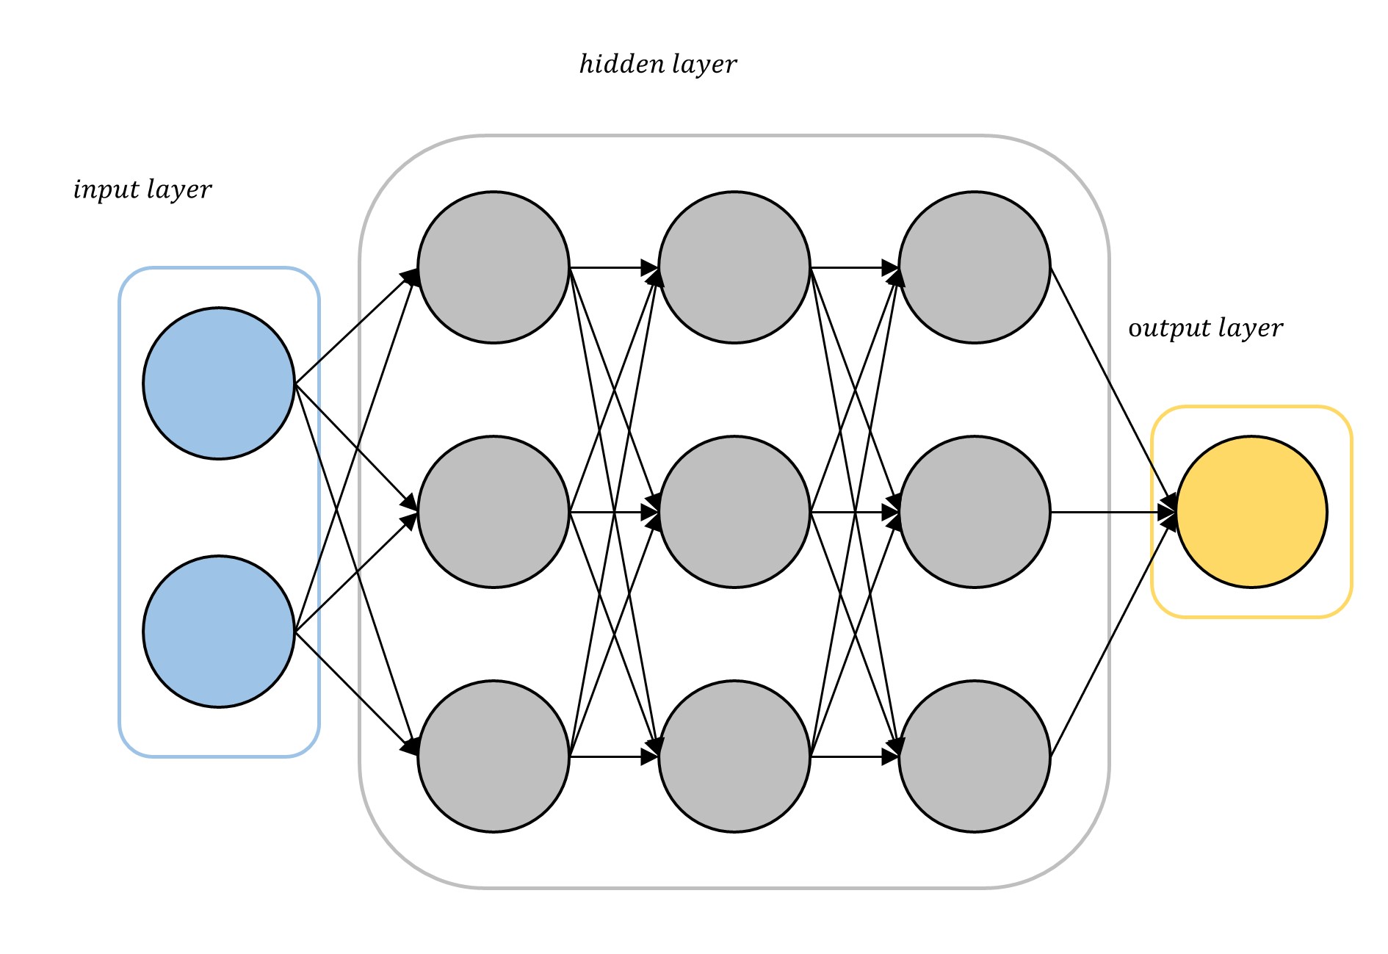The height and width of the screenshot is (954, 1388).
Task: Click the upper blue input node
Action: [x=219, y=383]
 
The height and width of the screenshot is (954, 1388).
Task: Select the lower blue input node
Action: [x=219, y=632]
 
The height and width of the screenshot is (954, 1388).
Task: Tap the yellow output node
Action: [x=1251, y=512]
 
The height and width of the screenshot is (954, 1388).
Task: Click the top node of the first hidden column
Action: [x=494, y=267]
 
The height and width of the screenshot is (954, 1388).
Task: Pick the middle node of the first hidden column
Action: [x=494, y=512]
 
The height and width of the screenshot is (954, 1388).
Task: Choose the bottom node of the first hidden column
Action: [x=494, y=756]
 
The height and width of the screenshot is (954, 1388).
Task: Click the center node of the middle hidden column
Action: [x=734, y=512]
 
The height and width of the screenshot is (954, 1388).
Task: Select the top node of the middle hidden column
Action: [x=734, y=267]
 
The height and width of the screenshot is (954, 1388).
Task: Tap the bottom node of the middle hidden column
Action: [x=734, y=756]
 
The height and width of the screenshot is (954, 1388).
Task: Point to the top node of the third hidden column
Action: [x=975, y=267]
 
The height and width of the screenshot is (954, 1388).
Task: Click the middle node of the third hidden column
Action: [x=975, y=512]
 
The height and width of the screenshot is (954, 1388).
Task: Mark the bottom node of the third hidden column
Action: [x=975, y=756]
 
